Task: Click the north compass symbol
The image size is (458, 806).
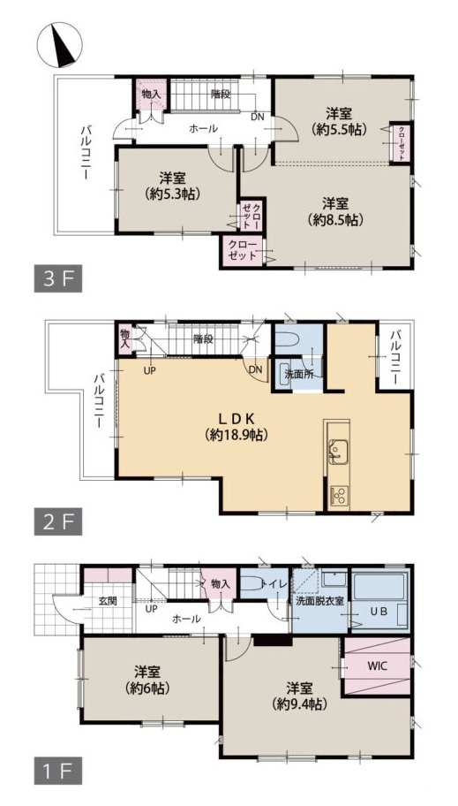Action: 59,45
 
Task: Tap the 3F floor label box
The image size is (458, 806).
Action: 58,279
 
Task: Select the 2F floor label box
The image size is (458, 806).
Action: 58,522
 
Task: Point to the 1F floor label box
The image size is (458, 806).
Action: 58,771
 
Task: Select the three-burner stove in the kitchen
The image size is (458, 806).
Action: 338,496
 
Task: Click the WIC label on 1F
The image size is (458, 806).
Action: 377,666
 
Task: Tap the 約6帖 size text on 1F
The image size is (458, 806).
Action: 149,688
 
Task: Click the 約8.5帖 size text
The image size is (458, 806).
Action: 336,220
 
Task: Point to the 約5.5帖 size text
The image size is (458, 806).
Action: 339,129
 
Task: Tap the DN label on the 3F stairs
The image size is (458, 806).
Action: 258,117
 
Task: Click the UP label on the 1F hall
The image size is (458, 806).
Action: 152,609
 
